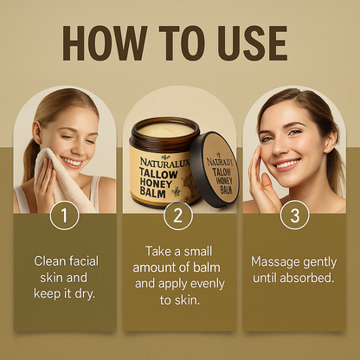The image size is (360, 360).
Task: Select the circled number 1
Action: (64, 215)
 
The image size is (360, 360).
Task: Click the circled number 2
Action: (178, 215)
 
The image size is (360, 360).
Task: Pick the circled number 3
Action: (294, 215)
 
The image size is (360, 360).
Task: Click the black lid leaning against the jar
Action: (215, 170)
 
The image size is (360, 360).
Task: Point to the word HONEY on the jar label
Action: (156, 183)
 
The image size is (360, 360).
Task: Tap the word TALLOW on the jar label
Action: (158, 174)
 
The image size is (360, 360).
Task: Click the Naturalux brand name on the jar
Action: (164, 162)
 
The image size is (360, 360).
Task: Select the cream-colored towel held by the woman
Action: (62, 179)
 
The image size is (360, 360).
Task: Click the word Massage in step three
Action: (272, 262)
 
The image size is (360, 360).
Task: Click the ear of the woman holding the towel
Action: (37, 132)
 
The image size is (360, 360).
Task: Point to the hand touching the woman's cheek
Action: (260, 180)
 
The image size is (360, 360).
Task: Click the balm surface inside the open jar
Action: (167, 129)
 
